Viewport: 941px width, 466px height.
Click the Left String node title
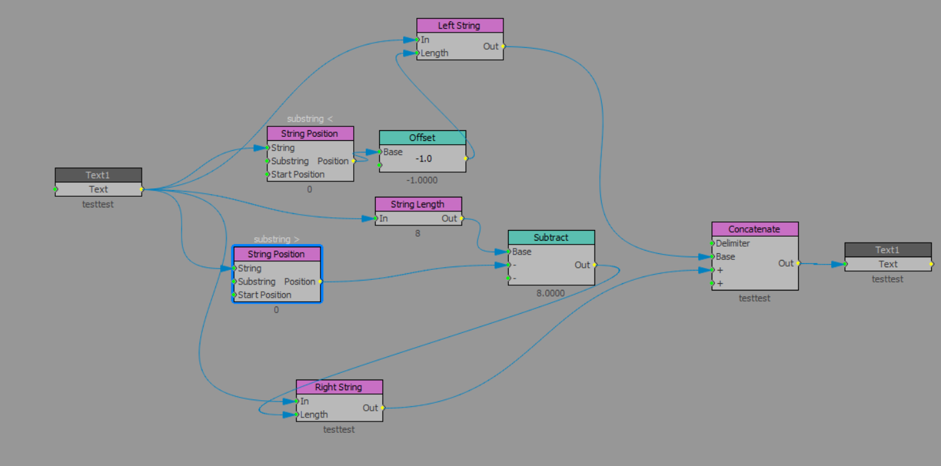pos(460,26)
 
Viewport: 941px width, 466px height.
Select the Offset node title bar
pos(422,138)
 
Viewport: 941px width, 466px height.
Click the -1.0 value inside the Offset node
pos(424,159)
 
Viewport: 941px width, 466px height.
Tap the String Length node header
pos(418,204)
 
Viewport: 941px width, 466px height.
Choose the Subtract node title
pos(551,237)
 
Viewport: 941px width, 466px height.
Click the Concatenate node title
pos(754,229)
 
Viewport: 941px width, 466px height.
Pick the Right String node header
pos(339,387)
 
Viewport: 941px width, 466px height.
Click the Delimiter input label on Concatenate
pos(733,243)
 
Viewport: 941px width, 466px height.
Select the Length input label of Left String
pos(435,53)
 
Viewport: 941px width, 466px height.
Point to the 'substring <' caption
pos(310,119)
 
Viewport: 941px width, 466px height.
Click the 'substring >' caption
pos(277,239)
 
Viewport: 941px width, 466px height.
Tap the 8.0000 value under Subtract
pos(551,292)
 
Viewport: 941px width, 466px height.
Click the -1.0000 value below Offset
pos(422,180)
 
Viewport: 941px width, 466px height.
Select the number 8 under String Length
pos(418,233)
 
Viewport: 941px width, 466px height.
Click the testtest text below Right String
pos(339,429)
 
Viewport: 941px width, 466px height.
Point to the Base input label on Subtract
pos(522,252)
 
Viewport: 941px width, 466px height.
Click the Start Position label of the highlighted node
pos(265,295)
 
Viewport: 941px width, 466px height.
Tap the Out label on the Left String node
pos(490,47)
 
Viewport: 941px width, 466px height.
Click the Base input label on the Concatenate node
pos(726,257)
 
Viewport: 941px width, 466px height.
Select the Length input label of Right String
pos(314,415)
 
